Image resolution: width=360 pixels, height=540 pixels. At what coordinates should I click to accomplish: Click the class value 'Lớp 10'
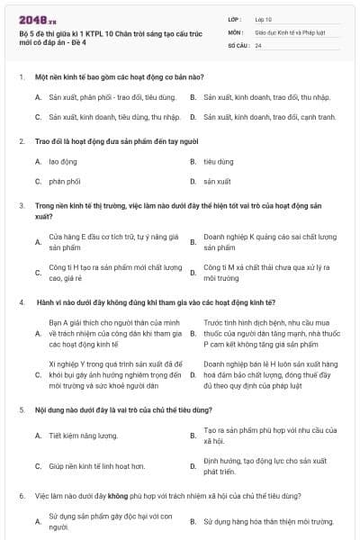point(263,18)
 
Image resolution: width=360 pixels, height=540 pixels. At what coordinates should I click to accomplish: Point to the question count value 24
point(258,45)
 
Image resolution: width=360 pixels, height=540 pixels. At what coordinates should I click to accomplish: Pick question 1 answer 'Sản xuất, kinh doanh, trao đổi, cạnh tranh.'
point(269,117)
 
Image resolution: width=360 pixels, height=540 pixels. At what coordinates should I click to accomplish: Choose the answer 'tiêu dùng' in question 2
point(218,162)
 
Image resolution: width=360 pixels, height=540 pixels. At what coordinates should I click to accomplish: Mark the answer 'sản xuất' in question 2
point(217,182)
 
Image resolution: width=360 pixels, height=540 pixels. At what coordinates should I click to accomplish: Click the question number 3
point(22,205)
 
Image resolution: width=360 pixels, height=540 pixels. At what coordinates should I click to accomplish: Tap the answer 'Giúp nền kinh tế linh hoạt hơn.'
point(97,466)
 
